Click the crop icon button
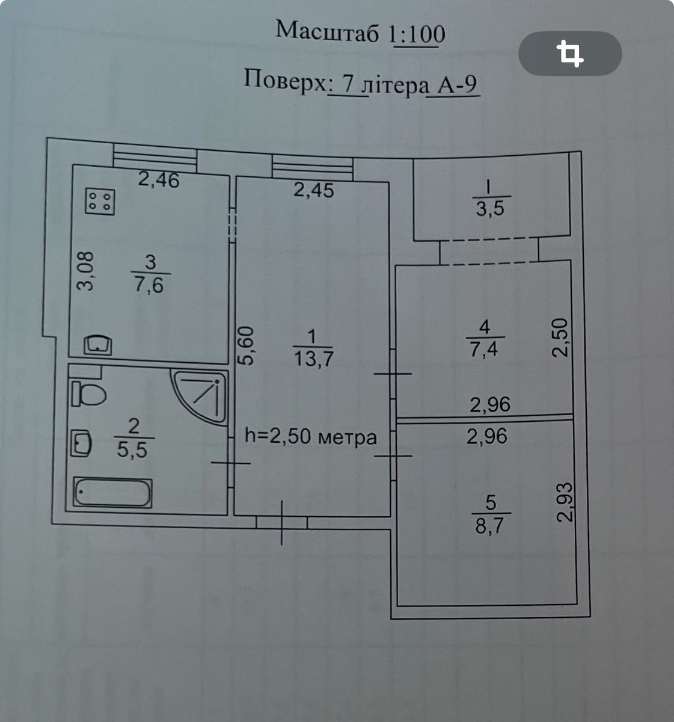tap(570, 54)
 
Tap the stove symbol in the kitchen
tap(100, 202)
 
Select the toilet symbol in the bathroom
tap(88, 393)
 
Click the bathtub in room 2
tap(112, 493)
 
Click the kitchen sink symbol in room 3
tap(98, 345)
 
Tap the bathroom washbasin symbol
tap(81, 443)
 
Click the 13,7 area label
tap(314, 359)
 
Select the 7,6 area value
tap(149, 285)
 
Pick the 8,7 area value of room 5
tap(490, 526)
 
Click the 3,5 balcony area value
tap(490, 209)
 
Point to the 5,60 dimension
tap(246, 346)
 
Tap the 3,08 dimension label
tap(85, 271)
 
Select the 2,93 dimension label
tap(565, 502)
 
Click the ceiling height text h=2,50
tap(311, 437)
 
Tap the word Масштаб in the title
tap(327, 31)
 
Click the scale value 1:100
tap(417, 34)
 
